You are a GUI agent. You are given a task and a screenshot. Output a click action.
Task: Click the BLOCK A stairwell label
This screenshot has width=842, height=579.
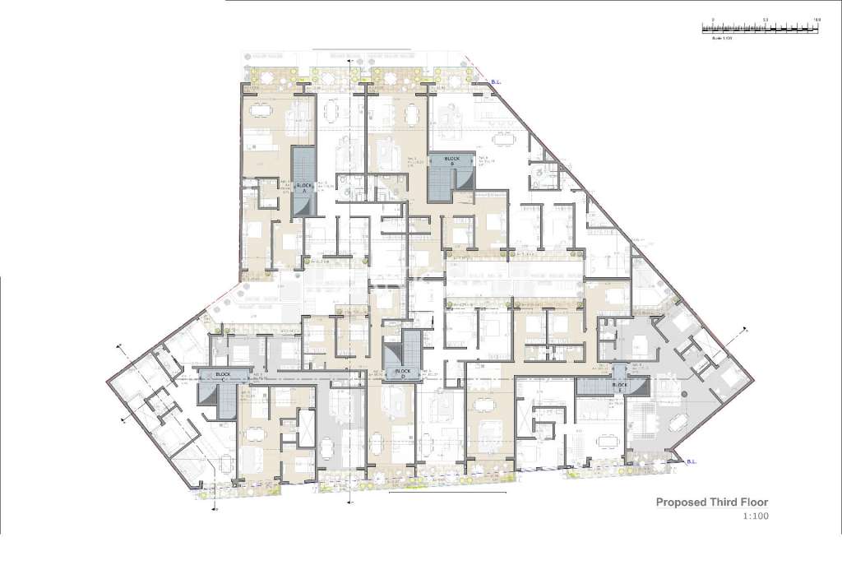click(303, 186)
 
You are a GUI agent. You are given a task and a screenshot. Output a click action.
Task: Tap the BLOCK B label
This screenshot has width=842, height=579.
click(451, 159)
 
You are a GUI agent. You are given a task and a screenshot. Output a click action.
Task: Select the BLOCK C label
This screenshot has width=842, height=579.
click(222, 374)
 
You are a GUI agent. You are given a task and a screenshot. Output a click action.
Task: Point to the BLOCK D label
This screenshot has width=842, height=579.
click(402, 371)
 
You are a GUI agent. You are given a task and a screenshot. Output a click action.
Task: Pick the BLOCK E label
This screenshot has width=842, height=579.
click(620, 384)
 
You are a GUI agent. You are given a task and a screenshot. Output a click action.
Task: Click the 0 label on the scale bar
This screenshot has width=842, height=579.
click(713, 18)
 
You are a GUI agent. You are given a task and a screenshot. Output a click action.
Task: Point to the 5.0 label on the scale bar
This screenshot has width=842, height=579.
click(766, 18)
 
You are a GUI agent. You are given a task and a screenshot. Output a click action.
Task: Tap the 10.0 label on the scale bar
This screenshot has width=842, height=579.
click(817, 18)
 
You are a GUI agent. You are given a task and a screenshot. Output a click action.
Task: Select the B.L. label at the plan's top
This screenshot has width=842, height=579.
click(495, 82)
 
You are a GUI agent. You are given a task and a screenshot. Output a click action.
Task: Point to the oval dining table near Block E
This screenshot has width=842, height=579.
click(678, 422)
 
